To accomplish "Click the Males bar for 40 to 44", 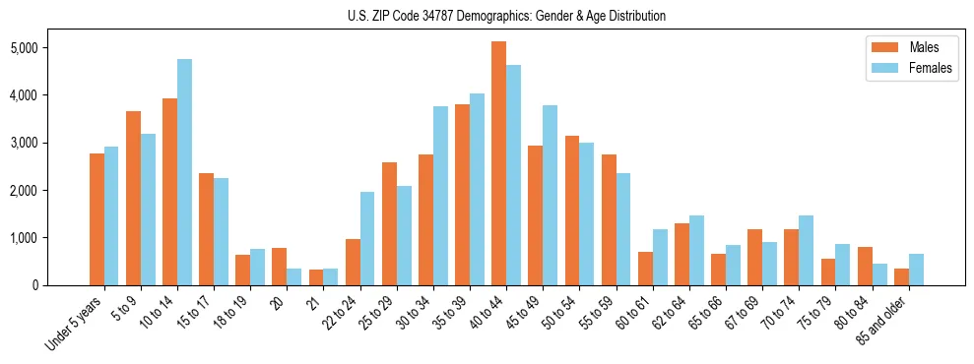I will (498, 163).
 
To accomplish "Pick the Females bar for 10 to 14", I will (184, 172).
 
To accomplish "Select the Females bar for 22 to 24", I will (367, 238).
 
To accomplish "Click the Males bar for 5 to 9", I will (133, 198).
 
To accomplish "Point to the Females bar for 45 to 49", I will (551, 195).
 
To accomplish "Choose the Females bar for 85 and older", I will (916, 270).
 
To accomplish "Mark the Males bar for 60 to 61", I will (645, 269).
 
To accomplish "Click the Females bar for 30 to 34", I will (440, 196).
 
